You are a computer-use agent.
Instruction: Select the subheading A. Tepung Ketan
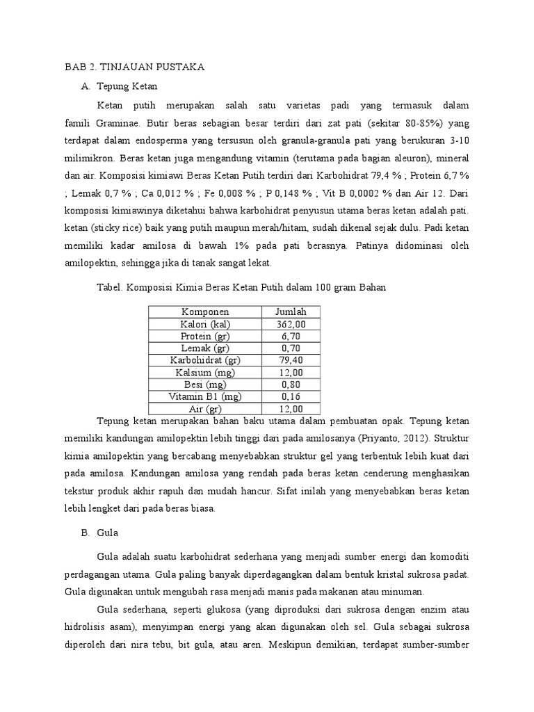click(120, 87)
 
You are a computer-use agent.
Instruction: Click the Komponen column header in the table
click(205, 311)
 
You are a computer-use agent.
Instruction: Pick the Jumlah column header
click(291, 311)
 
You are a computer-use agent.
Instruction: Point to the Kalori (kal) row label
click(205, 324)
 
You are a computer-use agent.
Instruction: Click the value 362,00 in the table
click(291, 324)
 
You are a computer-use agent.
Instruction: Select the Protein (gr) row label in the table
click(205, 336)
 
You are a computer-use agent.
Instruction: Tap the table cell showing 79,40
click(291, 360)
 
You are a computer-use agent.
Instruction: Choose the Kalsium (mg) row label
click(205, 373)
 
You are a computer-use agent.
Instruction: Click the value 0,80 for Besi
click(291, 385)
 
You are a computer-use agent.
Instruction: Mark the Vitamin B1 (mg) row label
click(205, 396)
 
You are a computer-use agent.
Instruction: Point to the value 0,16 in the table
click(291, 396)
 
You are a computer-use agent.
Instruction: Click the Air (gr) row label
click(205, 409)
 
